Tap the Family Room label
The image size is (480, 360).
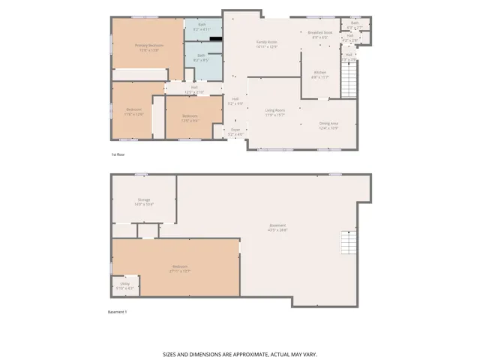[x=267, y=42]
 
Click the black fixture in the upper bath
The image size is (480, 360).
[x=216, y=37]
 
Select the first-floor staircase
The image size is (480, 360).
[x=349, y=77]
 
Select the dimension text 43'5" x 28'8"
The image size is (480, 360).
[x=278, y=229]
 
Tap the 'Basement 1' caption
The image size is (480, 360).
[x=118, y=311]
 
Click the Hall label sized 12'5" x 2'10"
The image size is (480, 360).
[x=193, y=88]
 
